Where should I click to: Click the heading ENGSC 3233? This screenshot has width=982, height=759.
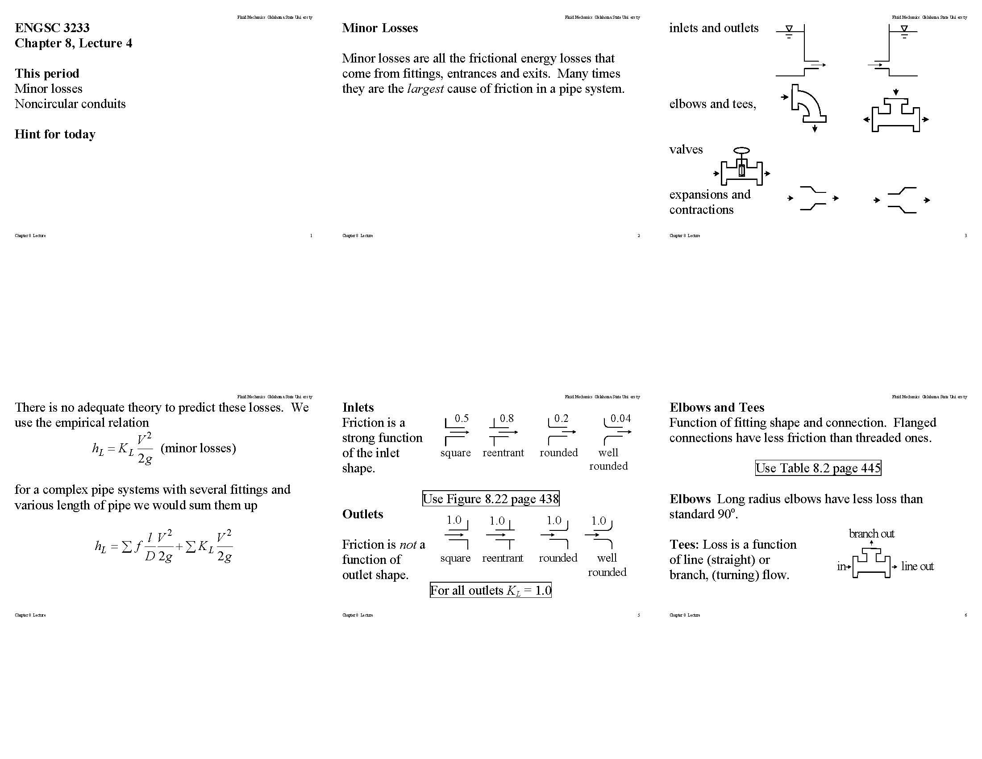(x=52, y=28)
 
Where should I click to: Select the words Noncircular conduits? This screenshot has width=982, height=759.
(x=70, y=104)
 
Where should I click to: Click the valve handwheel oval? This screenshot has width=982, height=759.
(x=741, y=150)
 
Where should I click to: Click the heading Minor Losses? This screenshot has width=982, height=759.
(x=380, y=28)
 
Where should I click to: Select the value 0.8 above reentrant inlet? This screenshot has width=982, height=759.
(x=507, y=418)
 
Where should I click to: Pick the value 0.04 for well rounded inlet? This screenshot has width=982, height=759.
(x=620, y=418)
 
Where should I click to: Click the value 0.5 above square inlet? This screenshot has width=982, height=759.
(x=462, y=418)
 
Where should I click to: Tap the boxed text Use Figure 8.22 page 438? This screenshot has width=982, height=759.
(x=491, y=499)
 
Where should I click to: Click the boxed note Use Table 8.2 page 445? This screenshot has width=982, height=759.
(x=818, y=468)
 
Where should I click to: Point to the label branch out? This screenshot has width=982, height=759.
(x=871, y=534)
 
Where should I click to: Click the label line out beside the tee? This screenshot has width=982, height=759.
(x=917, y=567)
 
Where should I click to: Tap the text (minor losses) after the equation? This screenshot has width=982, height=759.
(x=198, y=448)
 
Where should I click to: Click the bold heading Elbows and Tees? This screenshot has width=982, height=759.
(x=717, y=407)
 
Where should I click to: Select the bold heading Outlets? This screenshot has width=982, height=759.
(x=362, y=514)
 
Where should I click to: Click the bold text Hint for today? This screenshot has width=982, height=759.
(x=55, y=134)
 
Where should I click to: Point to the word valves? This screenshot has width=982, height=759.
(x=686, y=149)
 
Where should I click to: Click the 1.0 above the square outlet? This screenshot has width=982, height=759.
(x=454, y=520)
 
